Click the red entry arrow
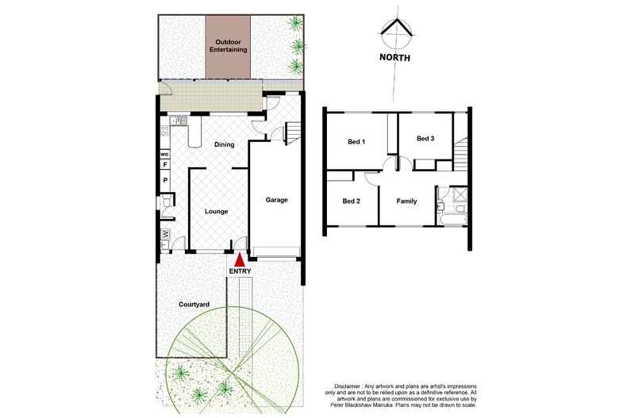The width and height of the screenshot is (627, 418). coord(239,260)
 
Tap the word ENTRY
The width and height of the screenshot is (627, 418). coord(239,272)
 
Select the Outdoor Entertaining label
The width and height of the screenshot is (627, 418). coord(229,45)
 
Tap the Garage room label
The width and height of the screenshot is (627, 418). coord(276,200)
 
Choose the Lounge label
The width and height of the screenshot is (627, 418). coord(217,212)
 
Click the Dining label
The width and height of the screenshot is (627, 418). coord(224,145)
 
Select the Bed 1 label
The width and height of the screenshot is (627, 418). coord(356,142)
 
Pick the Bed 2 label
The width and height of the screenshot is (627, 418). coord(352,201)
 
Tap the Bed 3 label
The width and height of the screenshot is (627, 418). coord(425,139)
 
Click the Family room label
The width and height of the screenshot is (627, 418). coord(406,201)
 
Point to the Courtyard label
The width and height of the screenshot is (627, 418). coord(194,304)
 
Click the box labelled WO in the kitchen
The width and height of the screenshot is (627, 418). coord(165,153)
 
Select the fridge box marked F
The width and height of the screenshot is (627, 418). coord(165,165)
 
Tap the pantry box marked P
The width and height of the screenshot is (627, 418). coord(165,180)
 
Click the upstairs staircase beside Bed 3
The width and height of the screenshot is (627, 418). coord(463,153)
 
